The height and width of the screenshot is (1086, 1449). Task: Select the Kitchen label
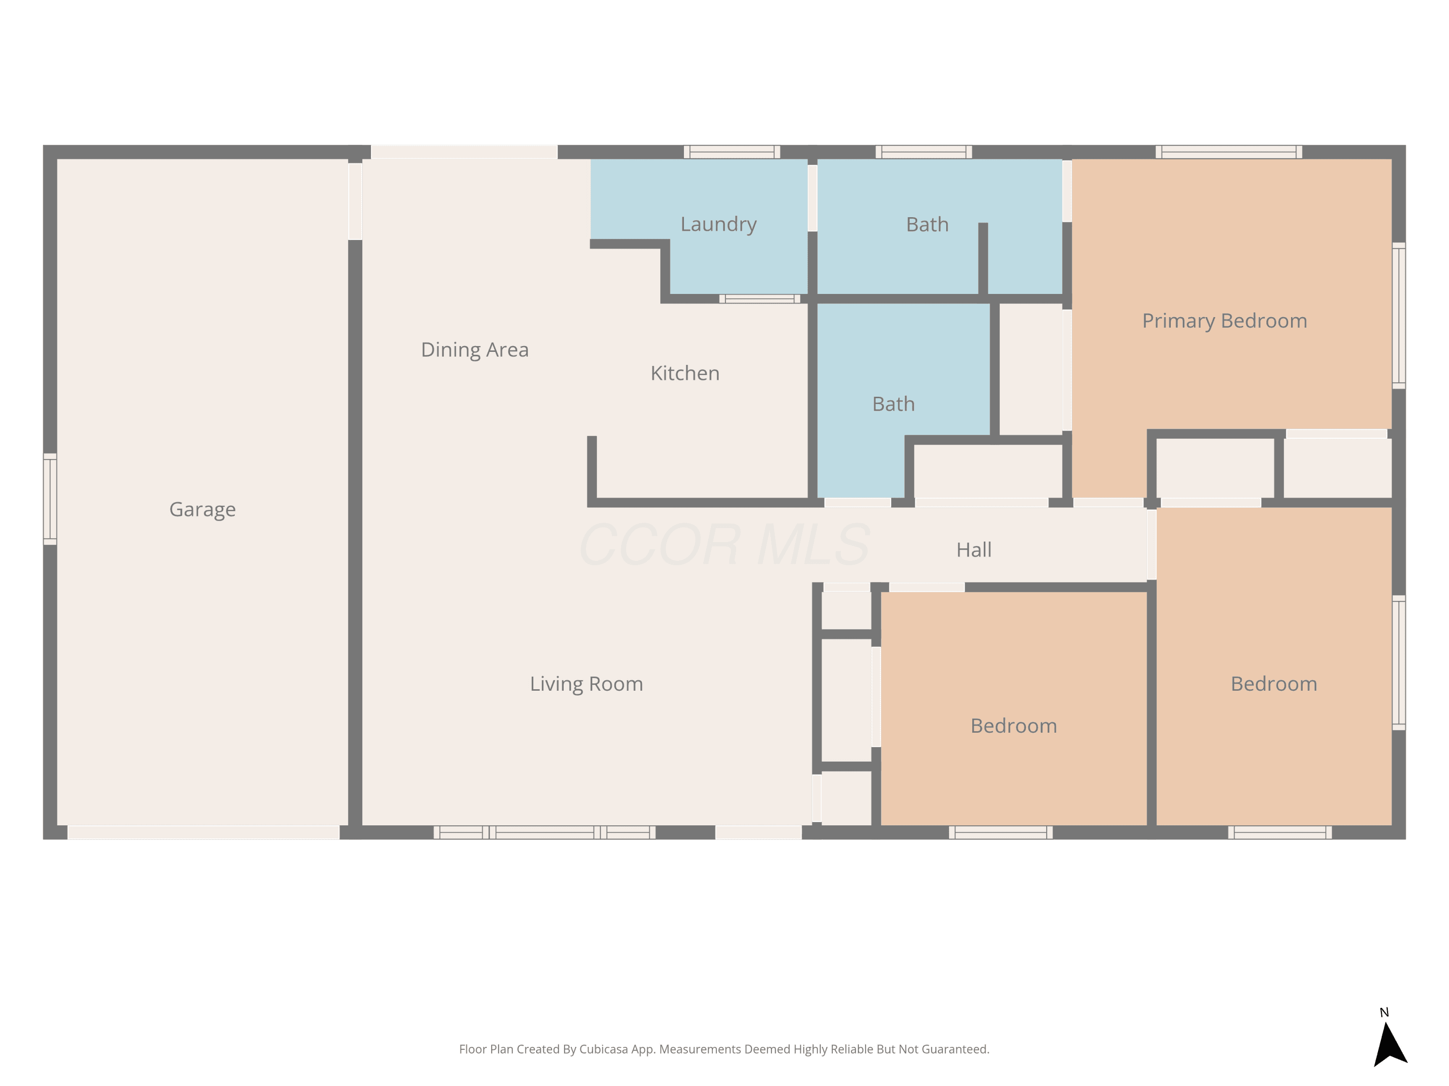pos(685,373)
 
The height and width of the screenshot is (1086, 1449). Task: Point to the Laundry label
pos(719,224)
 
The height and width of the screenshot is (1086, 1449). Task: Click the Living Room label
pos(586,684)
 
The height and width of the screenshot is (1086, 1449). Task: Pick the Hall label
pos(974,550)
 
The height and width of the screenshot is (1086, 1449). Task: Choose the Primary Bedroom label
pos(1224,321)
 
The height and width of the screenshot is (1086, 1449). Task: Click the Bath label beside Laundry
pos(927,224)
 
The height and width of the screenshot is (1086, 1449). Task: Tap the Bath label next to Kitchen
pos(894,404)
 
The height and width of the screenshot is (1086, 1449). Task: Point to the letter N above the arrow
pos(1384,1012)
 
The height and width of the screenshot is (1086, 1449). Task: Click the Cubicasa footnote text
pos(724,1049)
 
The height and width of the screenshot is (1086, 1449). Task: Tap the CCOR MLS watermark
pos(724,544)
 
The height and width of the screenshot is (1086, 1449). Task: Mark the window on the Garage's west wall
pos(50,499)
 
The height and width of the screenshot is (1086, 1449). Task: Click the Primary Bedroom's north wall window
pos(1228,152)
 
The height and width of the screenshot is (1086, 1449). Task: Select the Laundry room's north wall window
pos(732,152)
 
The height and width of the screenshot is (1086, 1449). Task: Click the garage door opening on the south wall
pos(204,832)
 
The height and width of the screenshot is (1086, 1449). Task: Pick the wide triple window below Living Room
pos(544,832)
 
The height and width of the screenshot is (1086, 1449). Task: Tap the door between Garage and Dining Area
pos(355,201)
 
